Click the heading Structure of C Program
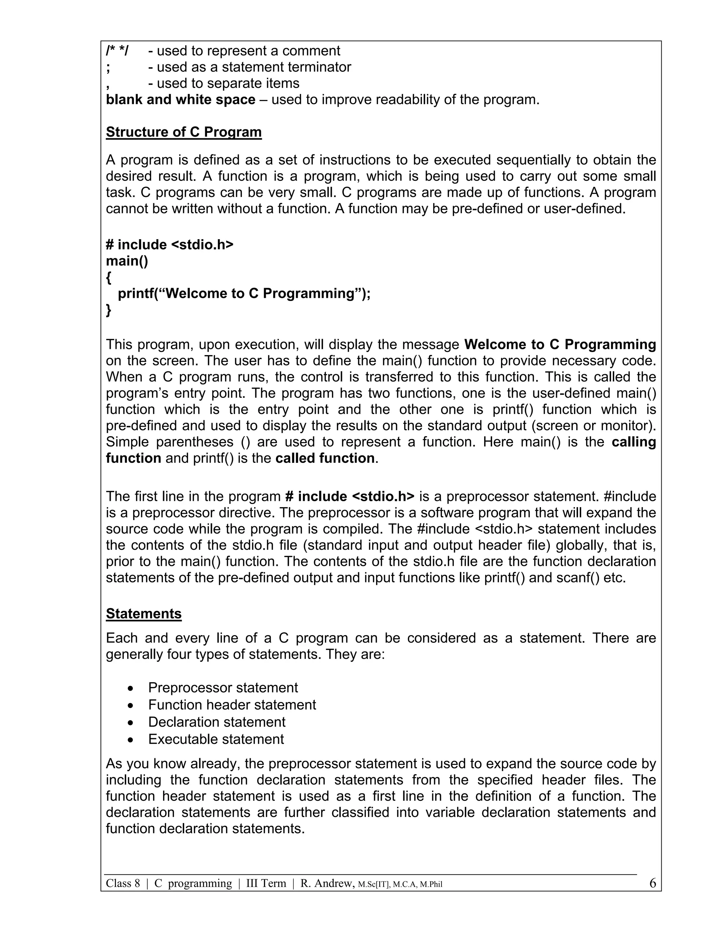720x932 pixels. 184,132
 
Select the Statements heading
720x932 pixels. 144,614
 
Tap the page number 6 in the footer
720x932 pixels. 652,883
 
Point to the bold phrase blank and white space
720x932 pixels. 180,100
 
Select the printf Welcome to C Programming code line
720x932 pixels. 244,294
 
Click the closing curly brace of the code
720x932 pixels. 109,310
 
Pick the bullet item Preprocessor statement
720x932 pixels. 223,688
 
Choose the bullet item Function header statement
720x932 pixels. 232,704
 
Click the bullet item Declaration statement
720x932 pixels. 217,722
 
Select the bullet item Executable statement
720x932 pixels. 216,739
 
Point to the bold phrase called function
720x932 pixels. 325,458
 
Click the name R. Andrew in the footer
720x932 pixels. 327,883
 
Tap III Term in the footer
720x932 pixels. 266,883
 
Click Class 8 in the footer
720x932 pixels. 123,883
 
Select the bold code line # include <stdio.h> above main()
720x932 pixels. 170,244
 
